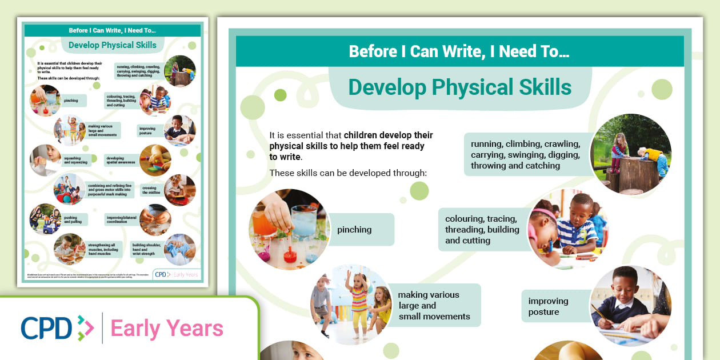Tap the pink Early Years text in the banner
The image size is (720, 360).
click(x=167, y=329)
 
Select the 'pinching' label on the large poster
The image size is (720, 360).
click(x=355, y=230)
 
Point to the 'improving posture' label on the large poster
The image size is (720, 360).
click(x=548, y=306)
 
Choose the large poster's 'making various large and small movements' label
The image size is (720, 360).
click(x=433, y=305)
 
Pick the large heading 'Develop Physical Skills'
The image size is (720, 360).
click(x=459, y=87)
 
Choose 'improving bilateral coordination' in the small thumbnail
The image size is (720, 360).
click(x=120, y=219)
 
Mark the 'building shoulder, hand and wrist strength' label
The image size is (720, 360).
click(x=146, y=247)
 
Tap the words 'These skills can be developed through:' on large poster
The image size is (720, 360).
click(x=348, y=173)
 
